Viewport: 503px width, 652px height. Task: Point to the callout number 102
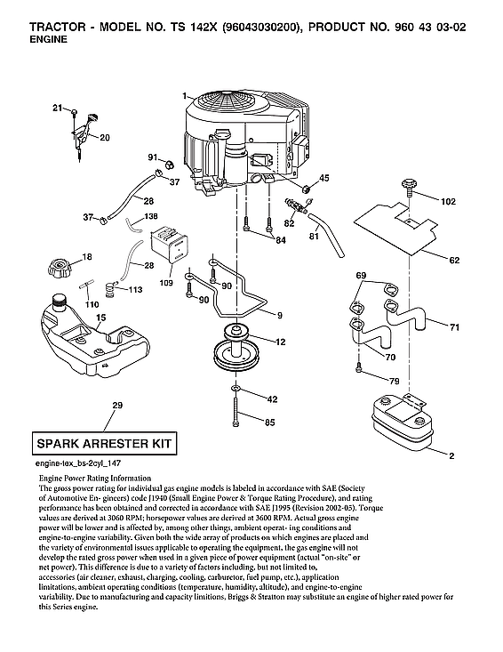coord(449,202)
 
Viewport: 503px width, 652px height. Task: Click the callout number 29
coord(117,406)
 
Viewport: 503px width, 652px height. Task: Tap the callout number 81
coord(313,237)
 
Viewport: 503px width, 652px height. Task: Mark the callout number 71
coord(454,328)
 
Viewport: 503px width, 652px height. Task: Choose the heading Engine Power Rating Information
coord(97,479)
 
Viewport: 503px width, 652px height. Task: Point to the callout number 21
coord(58,108)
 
